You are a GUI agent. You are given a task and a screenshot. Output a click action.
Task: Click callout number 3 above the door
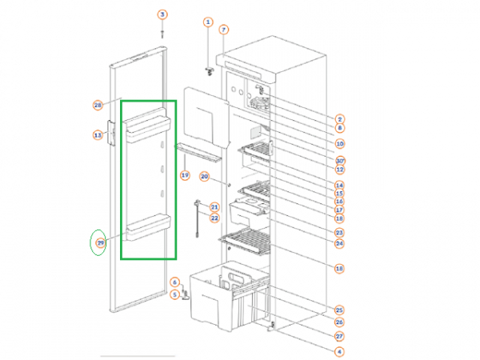(x=162, y=15)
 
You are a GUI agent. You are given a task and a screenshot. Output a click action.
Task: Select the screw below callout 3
(x=162, y=33)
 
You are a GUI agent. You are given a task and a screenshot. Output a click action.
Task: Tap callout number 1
(x=209, y=22)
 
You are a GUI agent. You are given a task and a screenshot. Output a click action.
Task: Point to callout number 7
(x=224, y=30)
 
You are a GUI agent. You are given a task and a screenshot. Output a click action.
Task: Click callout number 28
(x=98, y=105)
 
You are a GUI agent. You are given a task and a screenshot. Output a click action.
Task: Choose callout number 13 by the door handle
(x=98, y=135)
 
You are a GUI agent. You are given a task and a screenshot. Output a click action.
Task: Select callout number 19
(x=184, y=174)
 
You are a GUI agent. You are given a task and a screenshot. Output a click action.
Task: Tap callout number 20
(x=204, y=176)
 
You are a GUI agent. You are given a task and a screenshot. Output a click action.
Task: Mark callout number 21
(x=214, y=206)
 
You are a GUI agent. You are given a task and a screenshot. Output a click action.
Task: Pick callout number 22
(x=214, y=218)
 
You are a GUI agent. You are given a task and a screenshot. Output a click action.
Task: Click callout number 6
(x=175, y=282)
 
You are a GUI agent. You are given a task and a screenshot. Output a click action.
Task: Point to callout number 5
(x=175, y=294)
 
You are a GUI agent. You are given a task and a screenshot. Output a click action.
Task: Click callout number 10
(x=339, y=144)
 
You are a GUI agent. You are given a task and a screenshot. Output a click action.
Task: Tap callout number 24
(x=339, y=243)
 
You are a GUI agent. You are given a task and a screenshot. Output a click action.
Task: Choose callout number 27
(x=339, y=336)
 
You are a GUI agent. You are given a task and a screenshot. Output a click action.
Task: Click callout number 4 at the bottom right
(x=339, y=351)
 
